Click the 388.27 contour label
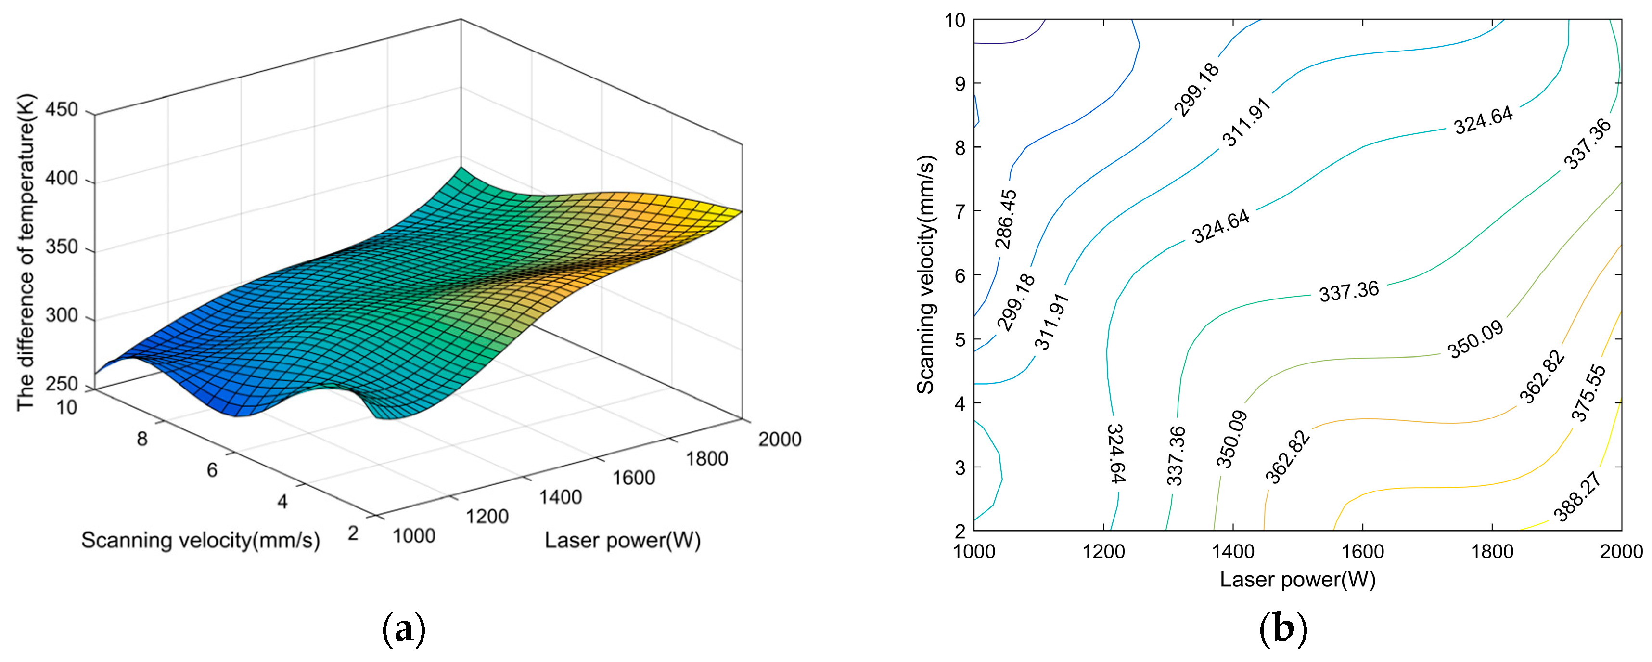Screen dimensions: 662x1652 [x=1576, y=496]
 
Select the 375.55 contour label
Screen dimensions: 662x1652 [x=1588, y=392]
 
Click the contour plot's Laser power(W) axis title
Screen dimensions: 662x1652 [x=1297, y=579]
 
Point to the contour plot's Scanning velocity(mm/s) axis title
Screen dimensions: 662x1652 [x=925, y=274]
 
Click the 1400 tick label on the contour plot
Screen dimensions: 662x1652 [x=1233, y=552]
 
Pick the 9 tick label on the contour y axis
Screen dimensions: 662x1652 [x=960, y=83]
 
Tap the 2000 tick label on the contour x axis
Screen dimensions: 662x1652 [x=1621, y=552]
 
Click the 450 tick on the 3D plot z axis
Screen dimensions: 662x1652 [x=62, y=109]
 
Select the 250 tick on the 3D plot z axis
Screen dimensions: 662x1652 [x=62, y=384]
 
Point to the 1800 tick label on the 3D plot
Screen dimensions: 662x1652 [x=707, y=459]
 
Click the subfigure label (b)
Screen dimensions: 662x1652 [x=1282, y=630]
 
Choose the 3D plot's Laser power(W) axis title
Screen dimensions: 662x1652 [x=623, y=541]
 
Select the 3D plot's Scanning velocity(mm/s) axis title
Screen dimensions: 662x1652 [x=200, y=541]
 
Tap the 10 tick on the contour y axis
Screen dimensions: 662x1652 [x=955, y=21]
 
